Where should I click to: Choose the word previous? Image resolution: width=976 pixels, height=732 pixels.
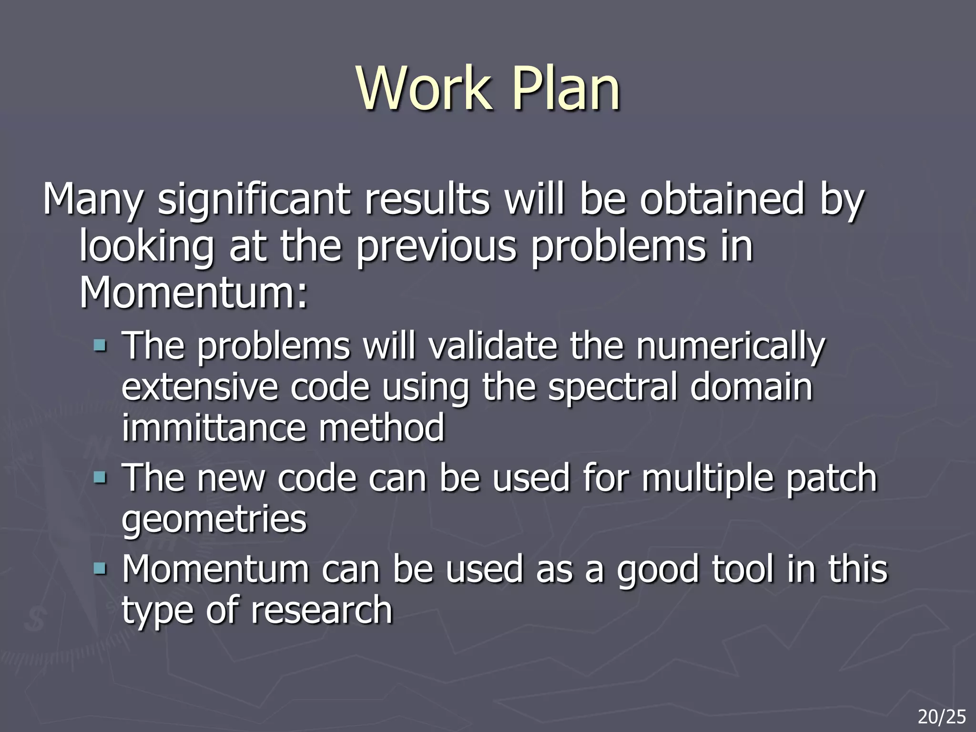pos(436,246)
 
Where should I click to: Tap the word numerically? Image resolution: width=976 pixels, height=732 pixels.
pos(730,347)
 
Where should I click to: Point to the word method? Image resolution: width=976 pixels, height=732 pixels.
pos(381,427)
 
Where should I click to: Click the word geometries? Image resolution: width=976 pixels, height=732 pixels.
pos(214,520)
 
